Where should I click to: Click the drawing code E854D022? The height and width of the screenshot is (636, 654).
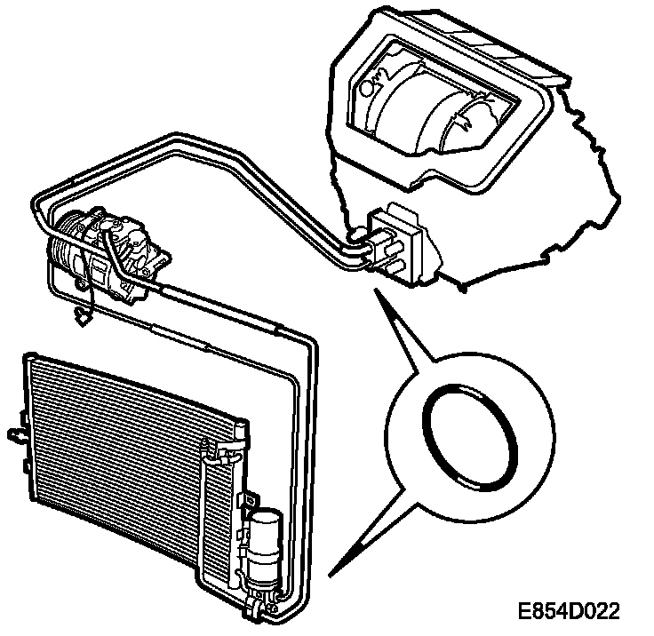(x=570, y=612)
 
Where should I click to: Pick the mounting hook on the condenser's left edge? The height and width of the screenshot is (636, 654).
(x=15, y=434)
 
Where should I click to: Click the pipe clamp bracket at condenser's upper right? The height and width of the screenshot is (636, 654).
(x=235, y=433)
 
